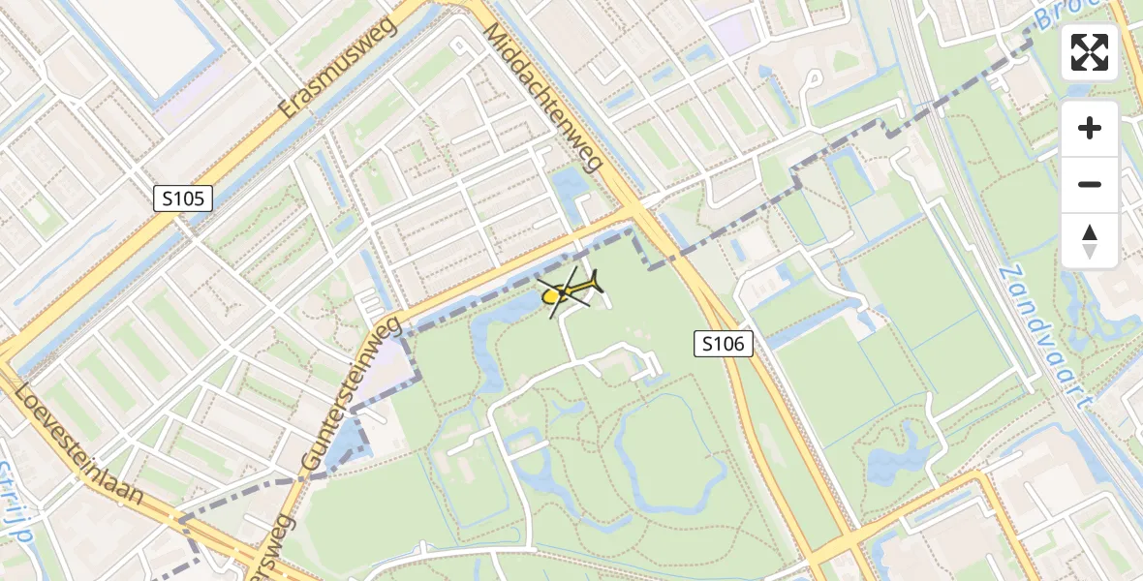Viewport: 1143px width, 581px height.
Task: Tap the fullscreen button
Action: click(x=1090, y=52)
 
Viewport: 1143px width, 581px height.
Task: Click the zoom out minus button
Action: click(x=1090, y=184)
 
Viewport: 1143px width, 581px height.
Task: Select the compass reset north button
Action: click(x=1090, y=241)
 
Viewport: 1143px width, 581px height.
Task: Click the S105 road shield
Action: click(x=183, y=199)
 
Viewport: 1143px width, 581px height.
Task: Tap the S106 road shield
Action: click(x=724, y=343)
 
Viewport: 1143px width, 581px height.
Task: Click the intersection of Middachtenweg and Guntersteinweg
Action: click(x=634, y=211)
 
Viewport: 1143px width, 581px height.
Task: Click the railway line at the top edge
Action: click(x=906, y=29)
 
